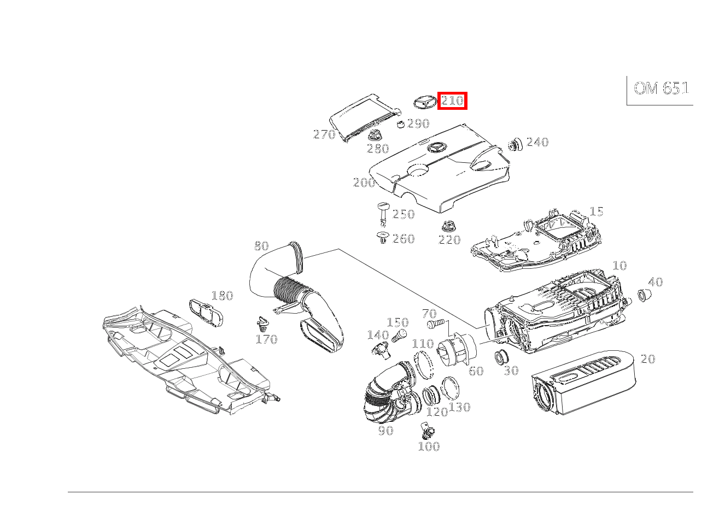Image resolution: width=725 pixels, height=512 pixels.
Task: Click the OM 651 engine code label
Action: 661,89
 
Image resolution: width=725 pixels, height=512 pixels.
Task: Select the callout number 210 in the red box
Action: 452,101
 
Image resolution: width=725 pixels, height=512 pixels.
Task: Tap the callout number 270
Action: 324,134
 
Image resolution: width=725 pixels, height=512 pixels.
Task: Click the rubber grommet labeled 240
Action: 515,144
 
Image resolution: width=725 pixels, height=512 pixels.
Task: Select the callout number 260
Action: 404,239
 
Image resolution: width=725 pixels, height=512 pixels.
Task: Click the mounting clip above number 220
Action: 448,226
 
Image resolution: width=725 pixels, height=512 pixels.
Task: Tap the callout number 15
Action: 597,211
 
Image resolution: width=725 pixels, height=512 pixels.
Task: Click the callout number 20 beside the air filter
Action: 648,358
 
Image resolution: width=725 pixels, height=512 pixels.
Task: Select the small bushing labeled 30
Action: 501,357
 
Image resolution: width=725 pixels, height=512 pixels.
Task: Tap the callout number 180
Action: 222,296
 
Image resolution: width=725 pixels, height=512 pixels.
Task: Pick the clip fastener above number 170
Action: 263,325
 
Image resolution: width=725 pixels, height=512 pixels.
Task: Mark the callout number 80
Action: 261,246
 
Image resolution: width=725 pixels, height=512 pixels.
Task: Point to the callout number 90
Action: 386,430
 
